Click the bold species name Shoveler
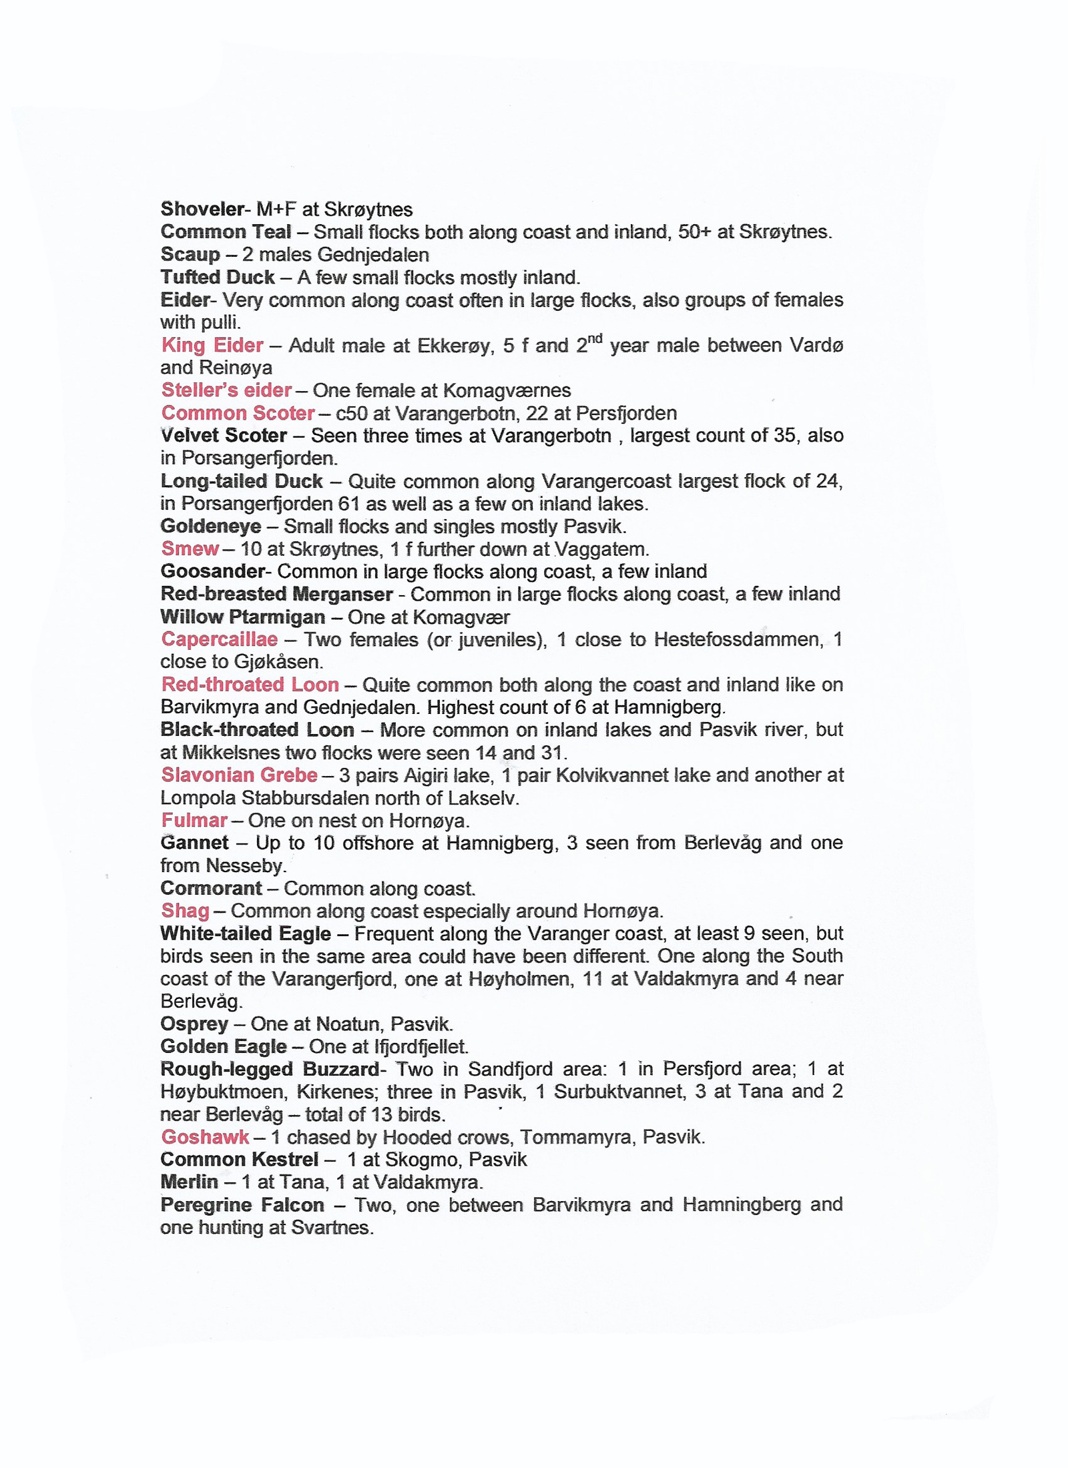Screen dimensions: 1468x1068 click(203, 209)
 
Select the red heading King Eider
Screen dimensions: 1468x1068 click(212, 345)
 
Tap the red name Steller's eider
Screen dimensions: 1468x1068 click(226, 390)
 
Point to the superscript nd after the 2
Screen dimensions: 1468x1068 click(595, 338)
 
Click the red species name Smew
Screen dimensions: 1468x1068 click(190, 548)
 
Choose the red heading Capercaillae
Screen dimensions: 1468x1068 click(219, 639)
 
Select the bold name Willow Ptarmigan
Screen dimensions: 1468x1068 click(243, 617)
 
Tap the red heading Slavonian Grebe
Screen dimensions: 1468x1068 click(239, 775)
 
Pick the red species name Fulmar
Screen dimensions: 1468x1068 click(194, 820)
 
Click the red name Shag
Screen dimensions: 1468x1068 click(185, 911)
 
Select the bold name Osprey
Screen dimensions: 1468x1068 click(194, 1024)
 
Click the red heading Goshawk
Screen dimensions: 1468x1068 click(205, 1137)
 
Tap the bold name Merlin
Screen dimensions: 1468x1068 click(189, 1182)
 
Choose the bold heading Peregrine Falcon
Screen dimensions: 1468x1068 click(242, 1204)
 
